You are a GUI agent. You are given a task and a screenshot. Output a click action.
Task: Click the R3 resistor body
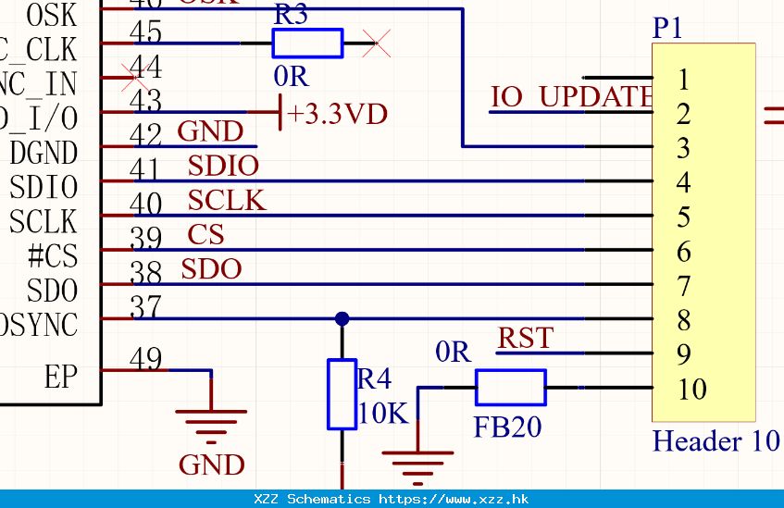point(307,43)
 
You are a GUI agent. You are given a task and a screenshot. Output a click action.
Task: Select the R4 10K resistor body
point(342,394)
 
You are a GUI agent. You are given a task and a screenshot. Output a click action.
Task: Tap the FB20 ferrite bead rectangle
point(510,388)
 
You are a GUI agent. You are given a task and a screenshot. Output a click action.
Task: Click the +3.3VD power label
point(337,114)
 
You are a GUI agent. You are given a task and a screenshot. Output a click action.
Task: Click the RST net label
point(526,339)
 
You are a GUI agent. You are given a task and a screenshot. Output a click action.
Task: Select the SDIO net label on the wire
point(223,167)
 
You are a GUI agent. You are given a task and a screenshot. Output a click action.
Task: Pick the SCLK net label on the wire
point(227,201)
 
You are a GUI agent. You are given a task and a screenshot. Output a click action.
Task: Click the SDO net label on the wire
point(211,269)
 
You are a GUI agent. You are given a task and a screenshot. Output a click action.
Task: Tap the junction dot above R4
point(342,319)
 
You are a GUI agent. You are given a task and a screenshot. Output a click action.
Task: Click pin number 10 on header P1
point(691,390)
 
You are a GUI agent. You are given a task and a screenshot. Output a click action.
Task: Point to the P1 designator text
point(667,29)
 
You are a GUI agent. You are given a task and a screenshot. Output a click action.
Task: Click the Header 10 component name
point(716,440)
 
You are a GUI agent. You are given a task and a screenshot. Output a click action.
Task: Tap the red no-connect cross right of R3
point(375,43)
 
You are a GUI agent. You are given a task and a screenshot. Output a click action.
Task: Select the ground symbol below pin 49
point(212,422)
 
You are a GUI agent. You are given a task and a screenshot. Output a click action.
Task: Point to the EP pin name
point(60,378)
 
